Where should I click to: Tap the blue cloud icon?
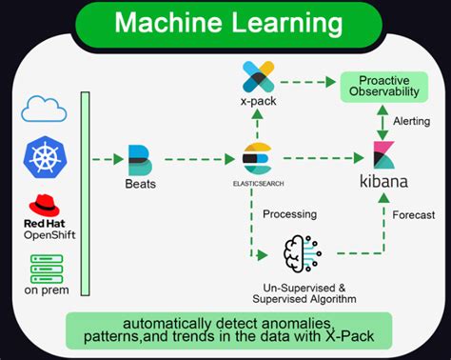click(44, 109)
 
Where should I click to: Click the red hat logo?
click(43, 204)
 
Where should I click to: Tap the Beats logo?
click(140, 157)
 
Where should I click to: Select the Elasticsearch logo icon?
click(256, 156)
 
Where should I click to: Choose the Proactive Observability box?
click(384, 86)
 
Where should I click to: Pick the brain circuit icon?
click(304, 252)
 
